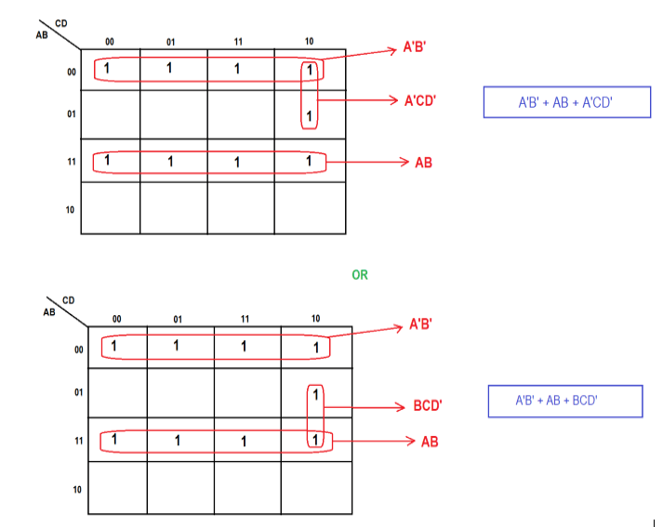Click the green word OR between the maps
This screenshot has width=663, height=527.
click(x=360, y=275)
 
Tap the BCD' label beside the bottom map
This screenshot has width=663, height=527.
click(x=429, y=406)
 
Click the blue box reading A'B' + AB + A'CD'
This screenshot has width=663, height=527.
click(x=565, y=102)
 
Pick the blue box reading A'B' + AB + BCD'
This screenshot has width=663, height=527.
click(x=565, y=402)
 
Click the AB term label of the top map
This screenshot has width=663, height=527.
click(x=423, y=162)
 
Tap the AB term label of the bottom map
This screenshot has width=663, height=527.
click(x=429, y=441)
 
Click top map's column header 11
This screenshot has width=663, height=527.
click(x=238, y=41)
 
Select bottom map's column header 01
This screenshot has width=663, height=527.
click(x=177, y=319)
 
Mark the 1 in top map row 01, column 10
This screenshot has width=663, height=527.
click(x=310, y=116)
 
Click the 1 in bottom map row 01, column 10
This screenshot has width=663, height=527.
click(x=316, y=395)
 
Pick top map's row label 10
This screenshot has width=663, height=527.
click(x=70, y=210)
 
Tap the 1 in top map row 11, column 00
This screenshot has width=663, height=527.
click(x=108, y=161)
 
